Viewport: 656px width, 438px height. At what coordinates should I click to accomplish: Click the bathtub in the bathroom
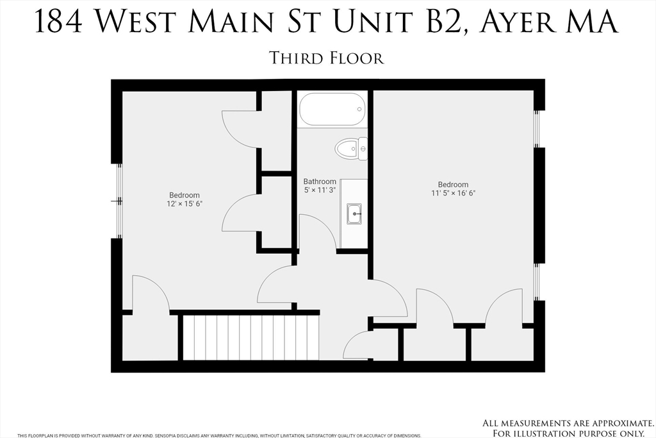332,109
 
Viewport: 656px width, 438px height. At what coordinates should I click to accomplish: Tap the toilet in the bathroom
351,149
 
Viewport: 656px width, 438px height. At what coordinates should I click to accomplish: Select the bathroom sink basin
354,214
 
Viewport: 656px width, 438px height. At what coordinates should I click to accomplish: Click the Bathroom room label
320,182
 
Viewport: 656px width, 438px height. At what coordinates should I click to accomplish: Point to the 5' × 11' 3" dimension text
320,190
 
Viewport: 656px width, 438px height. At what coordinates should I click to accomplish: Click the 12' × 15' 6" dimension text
184,204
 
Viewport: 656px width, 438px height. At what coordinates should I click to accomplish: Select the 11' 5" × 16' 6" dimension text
453,193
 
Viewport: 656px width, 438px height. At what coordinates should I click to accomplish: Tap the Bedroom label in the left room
184,196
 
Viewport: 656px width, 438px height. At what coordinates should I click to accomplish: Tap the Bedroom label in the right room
453,185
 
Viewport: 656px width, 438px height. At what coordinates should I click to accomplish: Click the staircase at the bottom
250,337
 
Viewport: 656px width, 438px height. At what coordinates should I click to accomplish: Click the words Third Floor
327,58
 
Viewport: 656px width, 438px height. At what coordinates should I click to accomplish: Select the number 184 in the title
57,22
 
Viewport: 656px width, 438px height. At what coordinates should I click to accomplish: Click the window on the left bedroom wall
119,201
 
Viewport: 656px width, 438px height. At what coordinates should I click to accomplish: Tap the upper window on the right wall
537,128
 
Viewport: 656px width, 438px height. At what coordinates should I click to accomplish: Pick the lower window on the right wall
537,282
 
